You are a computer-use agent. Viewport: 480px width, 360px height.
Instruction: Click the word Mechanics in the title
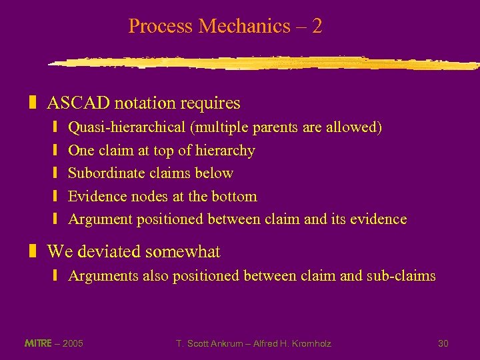pyautogui.click(x=244, y=27)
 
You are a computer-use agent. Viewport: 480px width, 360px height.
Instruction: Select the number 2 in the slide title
pyautogui.click(x=317, y=27)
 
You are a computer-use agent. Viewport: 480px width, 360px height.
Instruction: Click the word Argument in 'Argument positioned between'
pyautogui.click(x=101, y=219)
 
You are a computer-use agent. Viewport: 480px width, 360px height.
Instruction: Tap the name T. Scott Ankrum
pyautogui.click(x=207, y=343)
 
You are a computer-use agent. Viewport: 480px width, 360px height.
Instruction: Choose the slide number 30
pyautogui.click(x=443, y=343)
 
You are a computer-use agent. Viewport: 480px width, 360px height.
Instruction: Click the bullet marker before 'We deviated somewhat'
pyautogui.click(x=32, y=252)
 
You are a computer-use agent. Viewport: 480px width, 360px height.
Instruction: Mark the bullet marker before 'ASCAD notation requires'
pyautogui.click(x=32, y=103)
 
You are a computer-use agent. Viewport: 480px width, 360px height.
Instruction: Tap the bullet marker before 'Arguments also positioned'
pyautogui.click(x=56, y=276)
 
